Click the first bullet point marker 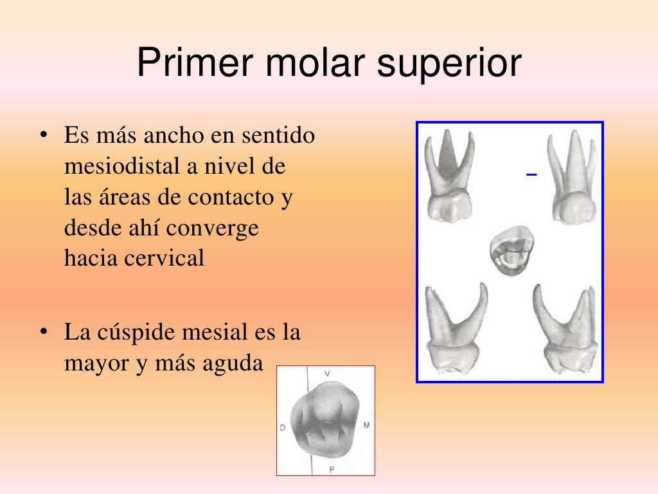click(x=44, y=137)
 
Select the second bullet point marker click(x=44, y=333)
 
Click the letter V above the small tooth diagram click(x=327, y=374)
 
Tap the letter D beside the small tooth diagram click(x=282, y=427)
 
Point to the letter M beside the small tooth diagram click(x=366, y=425)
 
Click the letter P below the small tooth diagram click(x=332, y=470)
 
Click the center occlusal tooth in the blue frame click(x=511, y=251)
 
